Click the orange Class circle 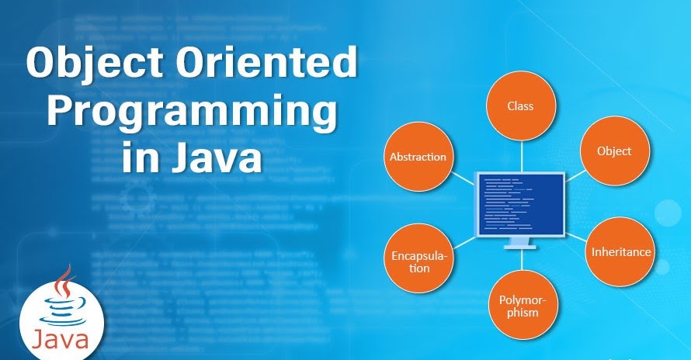tap(520, 105)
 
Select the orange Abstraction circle tap(417, 156)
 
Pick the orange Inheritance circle tap(620, 251)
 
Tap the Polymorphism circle tap(519, 306)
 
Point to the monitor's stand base tap(520, 247)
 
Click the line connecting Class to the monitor tap(520, 155)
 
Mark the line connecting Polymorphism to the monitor tap(520, 262)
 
